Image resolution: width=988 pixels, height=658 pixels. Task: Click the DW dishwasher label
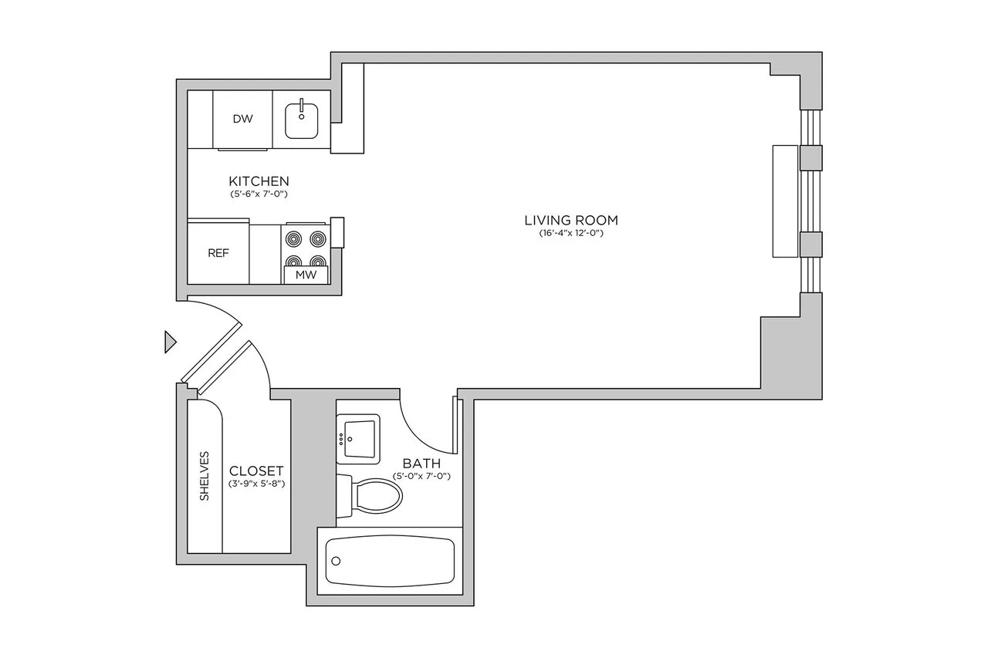click(243, 119)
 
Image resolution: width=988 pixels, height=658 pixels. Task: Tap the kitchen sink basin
click(301, 121)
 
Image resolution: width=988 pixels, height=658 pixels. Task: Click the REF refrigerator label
click(218, 253)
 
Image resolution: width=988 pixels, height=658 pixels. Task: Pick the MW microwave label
click(306, 275)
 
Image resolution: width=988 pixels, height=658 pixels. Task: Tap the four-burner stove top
click(306, 248)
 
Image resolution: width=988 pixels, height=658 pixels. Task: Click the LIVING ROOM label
click(570, 220)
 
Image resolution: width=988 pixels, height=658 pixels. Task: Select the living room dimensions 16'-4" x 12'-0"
click(570, 233)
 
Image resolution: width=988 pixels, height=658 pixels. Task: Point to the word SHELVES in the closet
click(205, 476)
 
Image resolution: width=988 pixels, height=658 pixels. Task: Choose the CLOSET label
click(256, 471)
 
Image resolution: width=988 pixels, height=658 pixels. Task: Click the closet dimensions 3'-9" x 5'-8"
click(256, 484)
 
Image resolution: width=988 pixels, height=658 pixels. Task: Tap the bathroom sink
click(358, 439)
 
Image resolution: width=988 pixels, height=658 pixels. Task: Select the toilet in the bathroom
click(375, 498)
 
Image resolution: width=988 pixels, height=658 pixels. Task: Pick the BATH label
click(421, 464)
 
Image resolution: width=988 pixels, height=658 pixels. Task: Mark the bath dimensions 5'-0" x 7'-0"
click(421, 476)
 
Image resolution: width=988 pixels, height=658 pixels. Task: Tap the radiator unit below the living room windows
click(784, 201)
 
